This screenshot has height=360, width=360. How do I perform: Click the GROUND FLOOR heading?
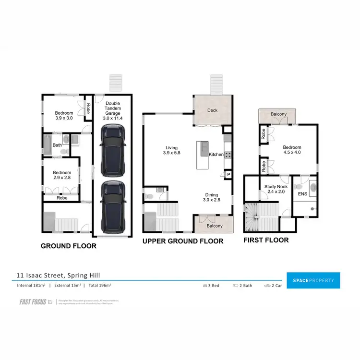[x=69, y=246]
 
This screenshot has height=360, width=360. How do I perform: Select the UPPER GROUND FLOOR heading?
[x=183, y=241]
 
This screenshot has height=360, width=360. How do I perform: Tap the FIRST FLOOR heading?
[x=266, y=240]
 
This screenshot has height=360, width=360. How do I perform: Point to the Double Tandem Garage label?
[x=113, y=110]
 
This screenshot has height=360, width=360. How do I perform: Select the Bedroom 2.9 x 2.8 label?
[x=62, y=175]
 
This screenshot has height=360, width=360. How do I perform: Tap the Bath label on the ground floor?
[x=57, y=145]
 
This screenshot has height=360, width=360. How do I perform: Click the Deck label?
[x=212, y=110]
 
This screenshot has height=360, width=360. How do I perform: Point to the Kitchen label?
[x=216, y=155]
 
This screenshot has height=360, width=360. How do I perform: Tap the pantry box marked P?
[x=228, y=175]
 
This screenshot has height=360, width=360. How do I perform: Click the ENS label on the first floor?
[x=302, y=194]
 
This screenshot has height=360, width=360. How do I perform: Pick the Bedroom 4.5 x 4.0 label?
[x=292, y=150]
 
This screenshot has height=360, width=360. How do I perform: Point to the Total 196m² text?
[x=99, y=286]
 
